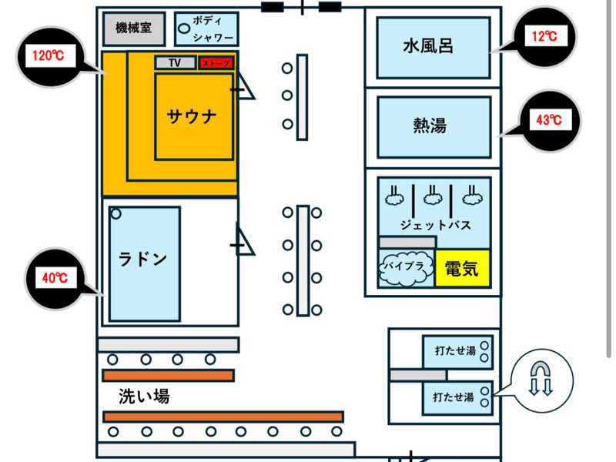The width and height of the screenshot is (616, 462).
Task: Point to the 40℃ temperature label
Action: [55, 278]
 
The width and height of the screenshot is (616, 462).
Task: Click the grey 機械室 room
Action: [134, 28]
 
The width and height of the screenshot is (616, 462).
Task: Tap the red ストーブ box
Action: [216, 63]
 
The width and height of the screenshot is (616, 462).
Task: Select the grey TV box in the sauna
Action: [176, 62]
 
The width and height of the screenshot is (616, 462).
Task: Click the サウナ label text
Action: [192, 117]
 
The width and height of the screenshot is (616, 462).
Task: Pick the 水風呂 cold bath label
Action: [428, 46]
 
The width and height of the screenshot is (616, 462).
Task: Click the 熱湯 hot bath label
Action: [430, 126]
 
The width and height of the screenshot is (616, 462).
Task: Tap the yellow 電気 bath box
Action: [463, 269]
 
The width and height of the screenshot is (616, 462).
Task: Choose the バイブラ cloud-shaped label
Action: [405, 268]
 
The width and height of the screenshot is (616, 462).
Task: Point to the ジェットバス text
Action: [435, 226]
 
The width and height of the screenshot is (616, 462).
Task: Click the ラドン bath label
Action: [143, 259]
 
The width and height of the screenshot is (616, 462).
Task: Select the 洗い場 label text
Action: [144, 396]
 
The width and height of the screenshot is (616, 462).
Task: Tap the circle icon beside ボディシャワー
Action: [184, 28]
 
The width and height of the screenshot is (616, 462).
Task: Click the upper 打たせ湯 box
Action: [457, 352]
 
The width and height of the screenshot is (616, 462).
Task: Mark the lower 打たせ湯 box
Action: [457, 398]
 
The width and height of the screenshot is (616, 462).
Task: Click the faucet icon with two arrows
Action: [541, 378]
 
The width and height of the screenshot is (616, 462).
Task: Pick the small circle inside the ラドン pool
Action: [116, 214]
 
